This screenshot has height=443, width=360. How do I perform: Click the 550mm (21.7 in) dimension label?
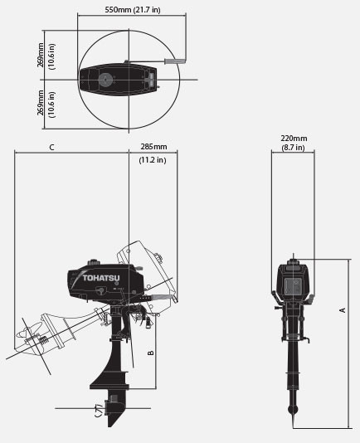click(x=132, y=9)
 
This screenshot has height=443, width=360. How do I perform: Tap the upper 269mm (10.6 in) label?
click(x=46, y=56)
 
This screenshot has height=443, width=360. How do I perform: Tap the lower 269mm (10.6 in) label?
click(x=46, y=103)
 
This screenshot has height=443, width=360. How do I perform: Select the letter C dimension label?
click(x=51, y=147)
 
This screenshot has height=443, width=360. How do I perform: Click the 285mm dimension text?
click(x=153, y=147)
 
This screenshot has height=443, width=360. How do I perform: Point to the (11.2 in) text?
click(x=153, y=159)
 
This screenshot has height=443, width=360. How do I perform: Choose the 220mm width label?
click(x=293, y=139)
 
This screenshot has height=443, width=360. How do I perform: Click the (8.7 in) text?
click(x=293, y=148)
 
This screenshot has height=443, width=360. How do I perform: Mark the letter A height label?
click(x=343, y=309)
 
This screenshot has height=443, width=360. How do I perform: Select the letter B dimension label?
click(x=150, y=352)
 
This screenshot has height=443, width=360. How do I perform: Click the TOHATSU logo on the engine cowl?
click(x=99, y=278)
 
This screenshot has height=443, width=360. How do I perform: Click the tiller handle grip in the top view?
click(x=175, y=61)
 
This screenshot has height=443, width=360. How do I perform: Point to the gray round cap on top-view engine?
click(x=106, y=80)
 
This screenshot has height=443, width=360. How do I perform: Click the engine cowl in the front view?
click(x=293, y=281)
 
